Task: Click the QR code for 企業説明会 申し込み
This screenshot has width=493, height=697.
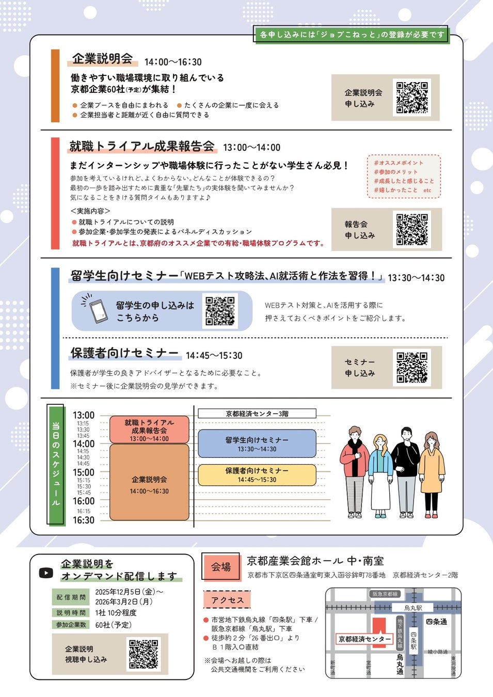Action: point(412,97)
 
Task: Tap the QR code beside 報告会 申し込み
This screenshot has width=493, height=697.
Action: point(412,229)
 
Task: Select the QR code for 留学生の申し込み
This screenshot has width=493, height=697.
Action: point(220,311)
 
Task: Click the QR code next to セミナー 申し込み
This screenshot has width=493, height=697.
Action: point(412,367)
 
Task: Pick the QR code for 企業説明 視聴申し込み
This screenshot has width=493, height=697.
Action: point(144,654)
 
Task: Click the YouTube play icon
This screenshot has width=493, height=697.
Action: point(46,573)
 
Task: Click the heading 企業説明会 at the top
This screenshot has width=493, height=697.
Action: point(102,59)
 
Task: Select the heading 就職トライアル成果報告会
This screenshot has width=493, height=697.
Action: point(142,146)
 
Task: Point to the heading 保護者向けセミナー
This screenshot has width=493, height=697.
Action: point(125,353)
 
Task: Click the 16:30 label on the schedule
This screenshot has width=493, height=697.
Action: point(84,520)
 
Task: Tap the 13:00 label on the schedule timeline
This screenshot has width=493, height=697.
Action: point(84,415)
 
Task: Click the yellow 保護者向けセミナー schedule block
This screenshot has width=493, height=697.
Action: point(257,475)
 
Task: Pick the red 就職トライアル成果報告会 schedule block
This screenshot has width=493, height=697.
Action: point(149,430)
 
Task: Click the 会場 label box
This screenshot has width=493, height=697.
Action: point(221,567)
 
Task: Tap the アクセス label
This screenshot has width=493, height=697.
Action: point(228,600)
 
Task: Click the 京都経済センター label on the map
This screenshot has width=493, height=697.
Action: point(364,639)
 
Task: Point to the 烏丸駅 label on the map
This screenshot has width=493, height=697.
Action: point(413,608)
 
